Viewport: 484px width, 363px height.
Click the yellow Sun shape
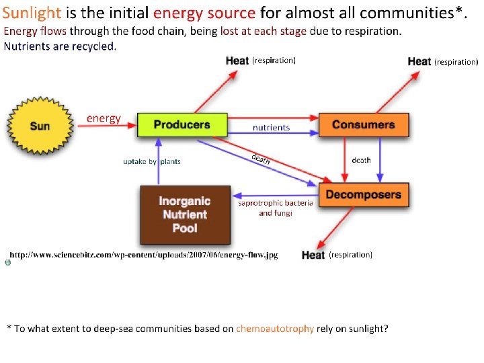pyautogui.click(x=39, y=126)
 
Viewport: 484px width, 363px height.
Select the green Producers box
pyautogui.click(x=182, y=124)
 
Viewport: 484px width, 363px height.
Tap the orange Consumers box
pyautogui.click(x=363, y=124)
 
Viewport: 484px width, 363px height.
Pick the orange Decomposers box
pyautogui.click(x=363, y=195)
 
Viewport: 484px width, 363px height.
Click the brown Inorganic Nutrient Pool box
pyautogui.click(x=184, y=214)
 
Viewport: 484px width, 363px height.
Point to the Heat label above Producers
pyautogui.click(x=237, y=61)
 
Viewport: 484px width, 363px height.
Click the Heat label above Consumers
pyautogui.click(x=419, y=62)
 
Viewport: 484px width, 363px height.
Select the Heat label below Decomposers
pyautogui.click(x=313, y=255)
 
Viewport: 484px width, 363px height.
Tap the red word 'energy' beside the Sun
pyautogui.click(x=104, y=118)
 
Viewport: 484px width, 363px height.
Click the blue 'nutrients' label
pyautogui.click(x=271, y=127)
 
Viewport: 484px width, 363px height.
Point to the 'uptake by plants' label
pyautogui.click(x=151, y=161)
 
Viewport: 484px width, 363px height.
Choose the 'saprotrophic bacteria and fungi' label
pyautogui.click(x=275, y=208)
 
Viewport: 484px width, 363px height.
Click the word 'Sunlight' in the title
pyautogui.click(x=32, y=13)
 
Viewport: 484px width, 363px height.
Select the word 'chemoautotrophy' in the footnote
pyautogui.click(x=274, y=329)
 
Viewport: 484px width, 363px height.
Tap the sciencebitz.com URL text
pyautogui.click(x=143, y=255)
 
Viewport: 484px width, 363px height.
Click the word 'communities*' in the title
pyautogui.click(x=417, y=13)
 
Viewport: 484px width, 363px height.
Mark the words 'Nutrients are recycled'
pyautogui.click(x=60, y=46)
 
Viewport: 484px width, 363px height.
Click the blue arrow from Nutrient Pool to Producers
pyautogui.click(x=158, y=161)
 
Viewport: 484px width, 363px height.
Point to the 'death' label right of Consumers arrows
pyautogui.click(x=361, y=161)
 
